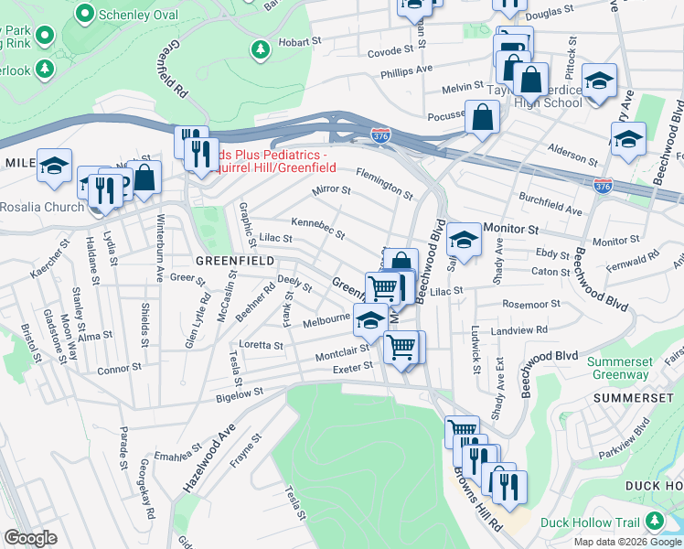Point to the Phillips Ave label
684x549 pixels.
[x=407, y=70]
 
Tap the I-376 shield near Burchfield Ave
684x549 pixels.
[x=603, y=186]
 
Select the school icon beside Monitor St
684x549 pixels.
[x=465, y=240]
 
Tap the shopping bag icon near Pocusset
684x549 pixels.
[x=482, y=116]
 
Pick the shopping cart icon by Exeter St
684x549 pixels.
[x=403, y=348]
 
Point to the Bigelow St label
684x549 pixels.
[x=239, y=392]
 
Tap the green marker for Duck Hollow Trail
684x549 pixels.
[x=654, y=522]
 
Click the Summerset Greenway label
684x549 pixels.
[x=618, y=368]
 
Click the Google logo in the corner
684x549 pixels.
[x=31, y=537]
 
